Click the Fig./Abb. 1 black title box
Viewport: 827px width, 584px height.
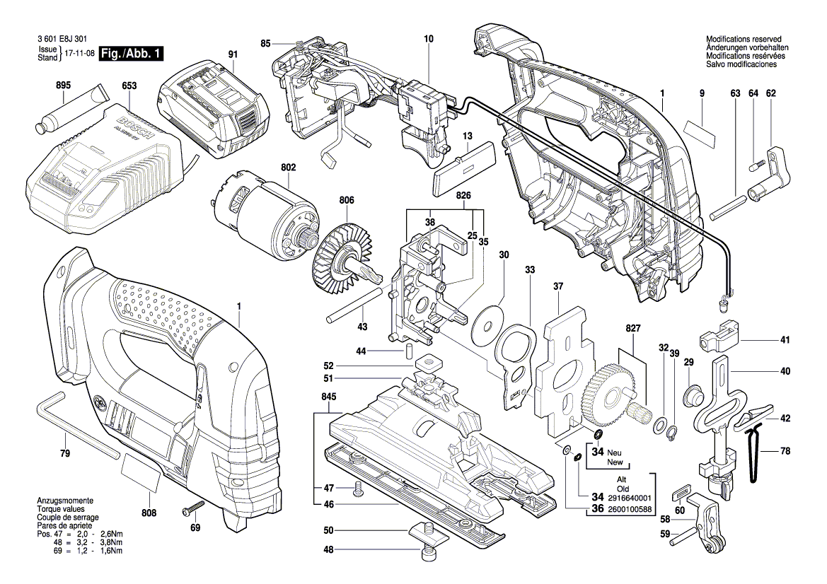coord(131,54)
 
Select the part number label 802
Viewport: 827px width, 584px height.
coord(289,168)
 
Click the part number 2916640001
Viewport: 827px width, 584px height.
coord(630,498)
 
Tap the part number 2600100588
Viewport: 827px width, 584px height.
coord(630,510)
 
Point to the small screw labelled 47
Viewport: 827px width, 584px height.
coord(357,489)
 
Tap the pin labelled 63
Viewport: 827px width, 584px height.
coord(727,208)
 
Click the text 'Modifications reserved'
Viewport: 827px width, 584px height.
coord(744,39)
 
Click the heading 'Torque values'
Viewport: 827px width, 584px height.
coord(61,509)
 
